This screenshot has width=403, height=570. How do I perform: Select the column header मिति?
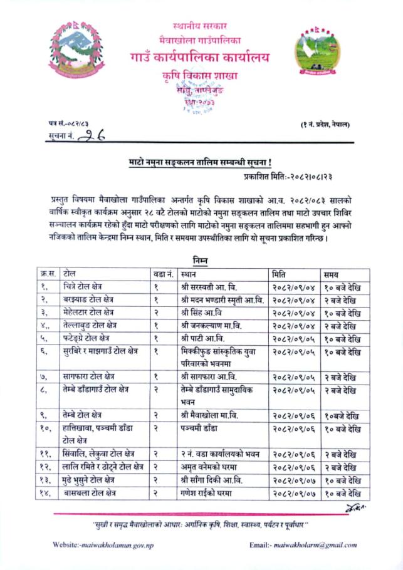pos(280,273)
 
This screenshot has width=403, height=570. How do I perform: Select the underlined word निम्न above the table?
pos(201,259)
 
